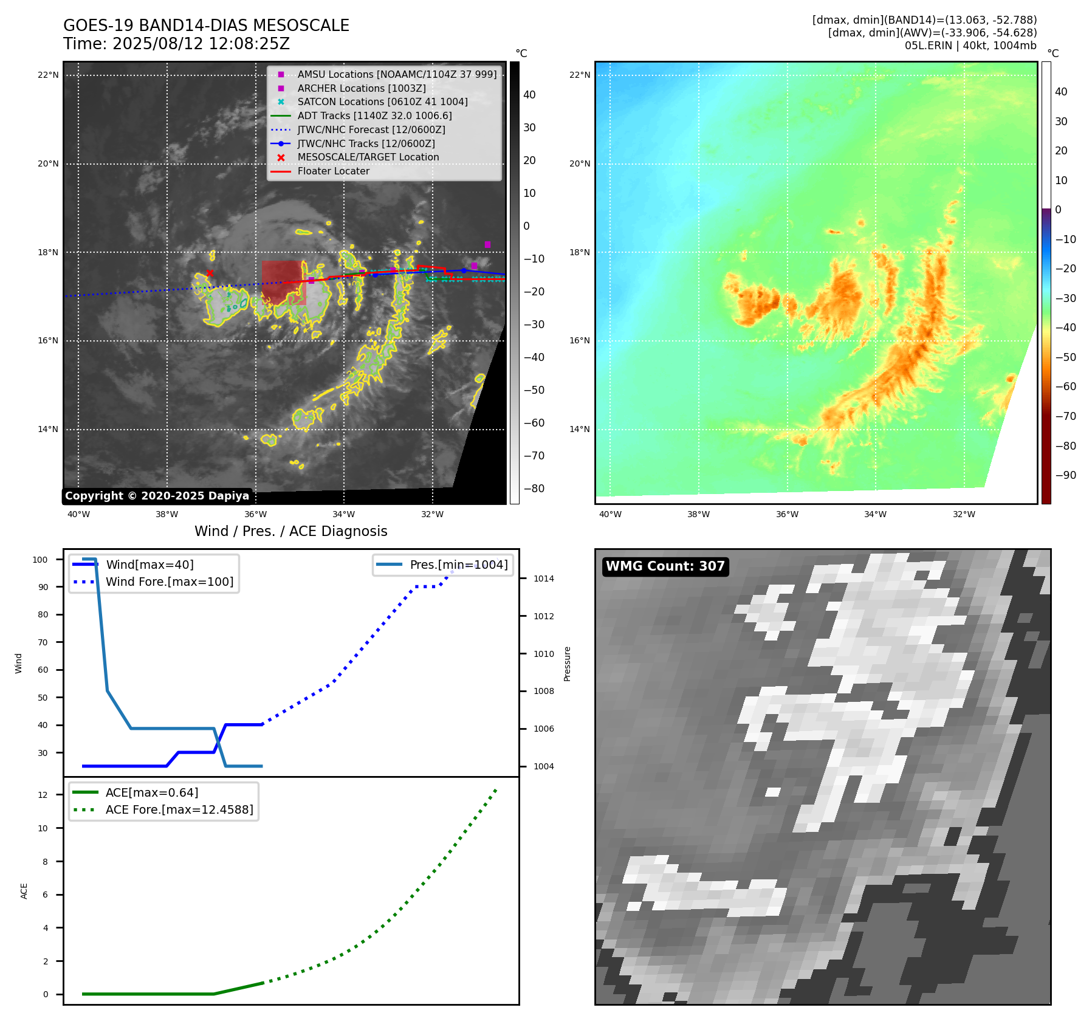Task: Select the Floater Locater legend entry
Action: click(x=333, y=171)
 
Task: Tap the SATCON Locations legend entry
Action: click(x=382, y=102)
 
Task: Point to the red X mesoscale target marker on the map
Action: click(x=210, y=273)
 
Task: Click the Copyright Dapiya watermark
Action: click(x=157, y=496)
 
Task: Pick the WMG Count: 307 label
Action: click(x=665, y=566)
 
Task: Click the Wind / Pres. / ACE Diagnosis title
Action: click(x=290, y=531)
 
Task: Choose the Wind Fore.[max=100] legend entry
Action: click(x=170, y=582)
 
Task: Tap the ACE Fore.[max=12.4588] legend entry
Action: click(x=179, y=809)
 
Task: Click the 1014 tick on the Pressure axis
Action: click(x=543, y=579)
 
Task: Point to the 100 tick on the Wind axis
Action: click(x=40, y=560)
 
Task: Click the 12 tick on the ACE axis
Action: click(x=43, y=795)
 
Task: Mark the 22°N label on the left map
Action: click(x=48, y=75)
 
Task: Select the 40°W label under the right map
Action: click(x=610, y=515)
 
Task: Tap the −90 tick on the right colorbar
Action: click(x=1065, y=475)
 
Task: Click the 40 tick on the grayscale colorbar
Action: click(x=529, y=95)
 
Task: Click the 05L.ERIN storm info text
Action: click(x=970, y=46)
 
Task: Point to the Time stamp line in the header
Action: click(x=176, y=44)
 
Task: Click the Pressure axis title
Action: click(x=567, y=664)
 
